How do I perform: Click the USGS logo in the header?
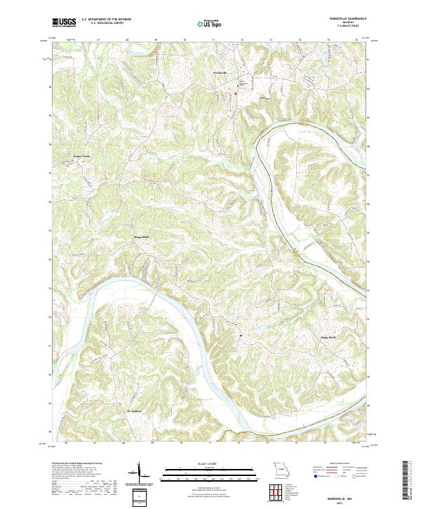[x=64, y=22]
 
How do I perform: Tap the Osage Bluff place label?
[x=142, y=237]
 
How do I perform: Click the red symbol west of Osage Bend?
[x=240, y=336]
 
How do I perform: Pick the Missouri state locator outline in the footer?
[x=281, y=468]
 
